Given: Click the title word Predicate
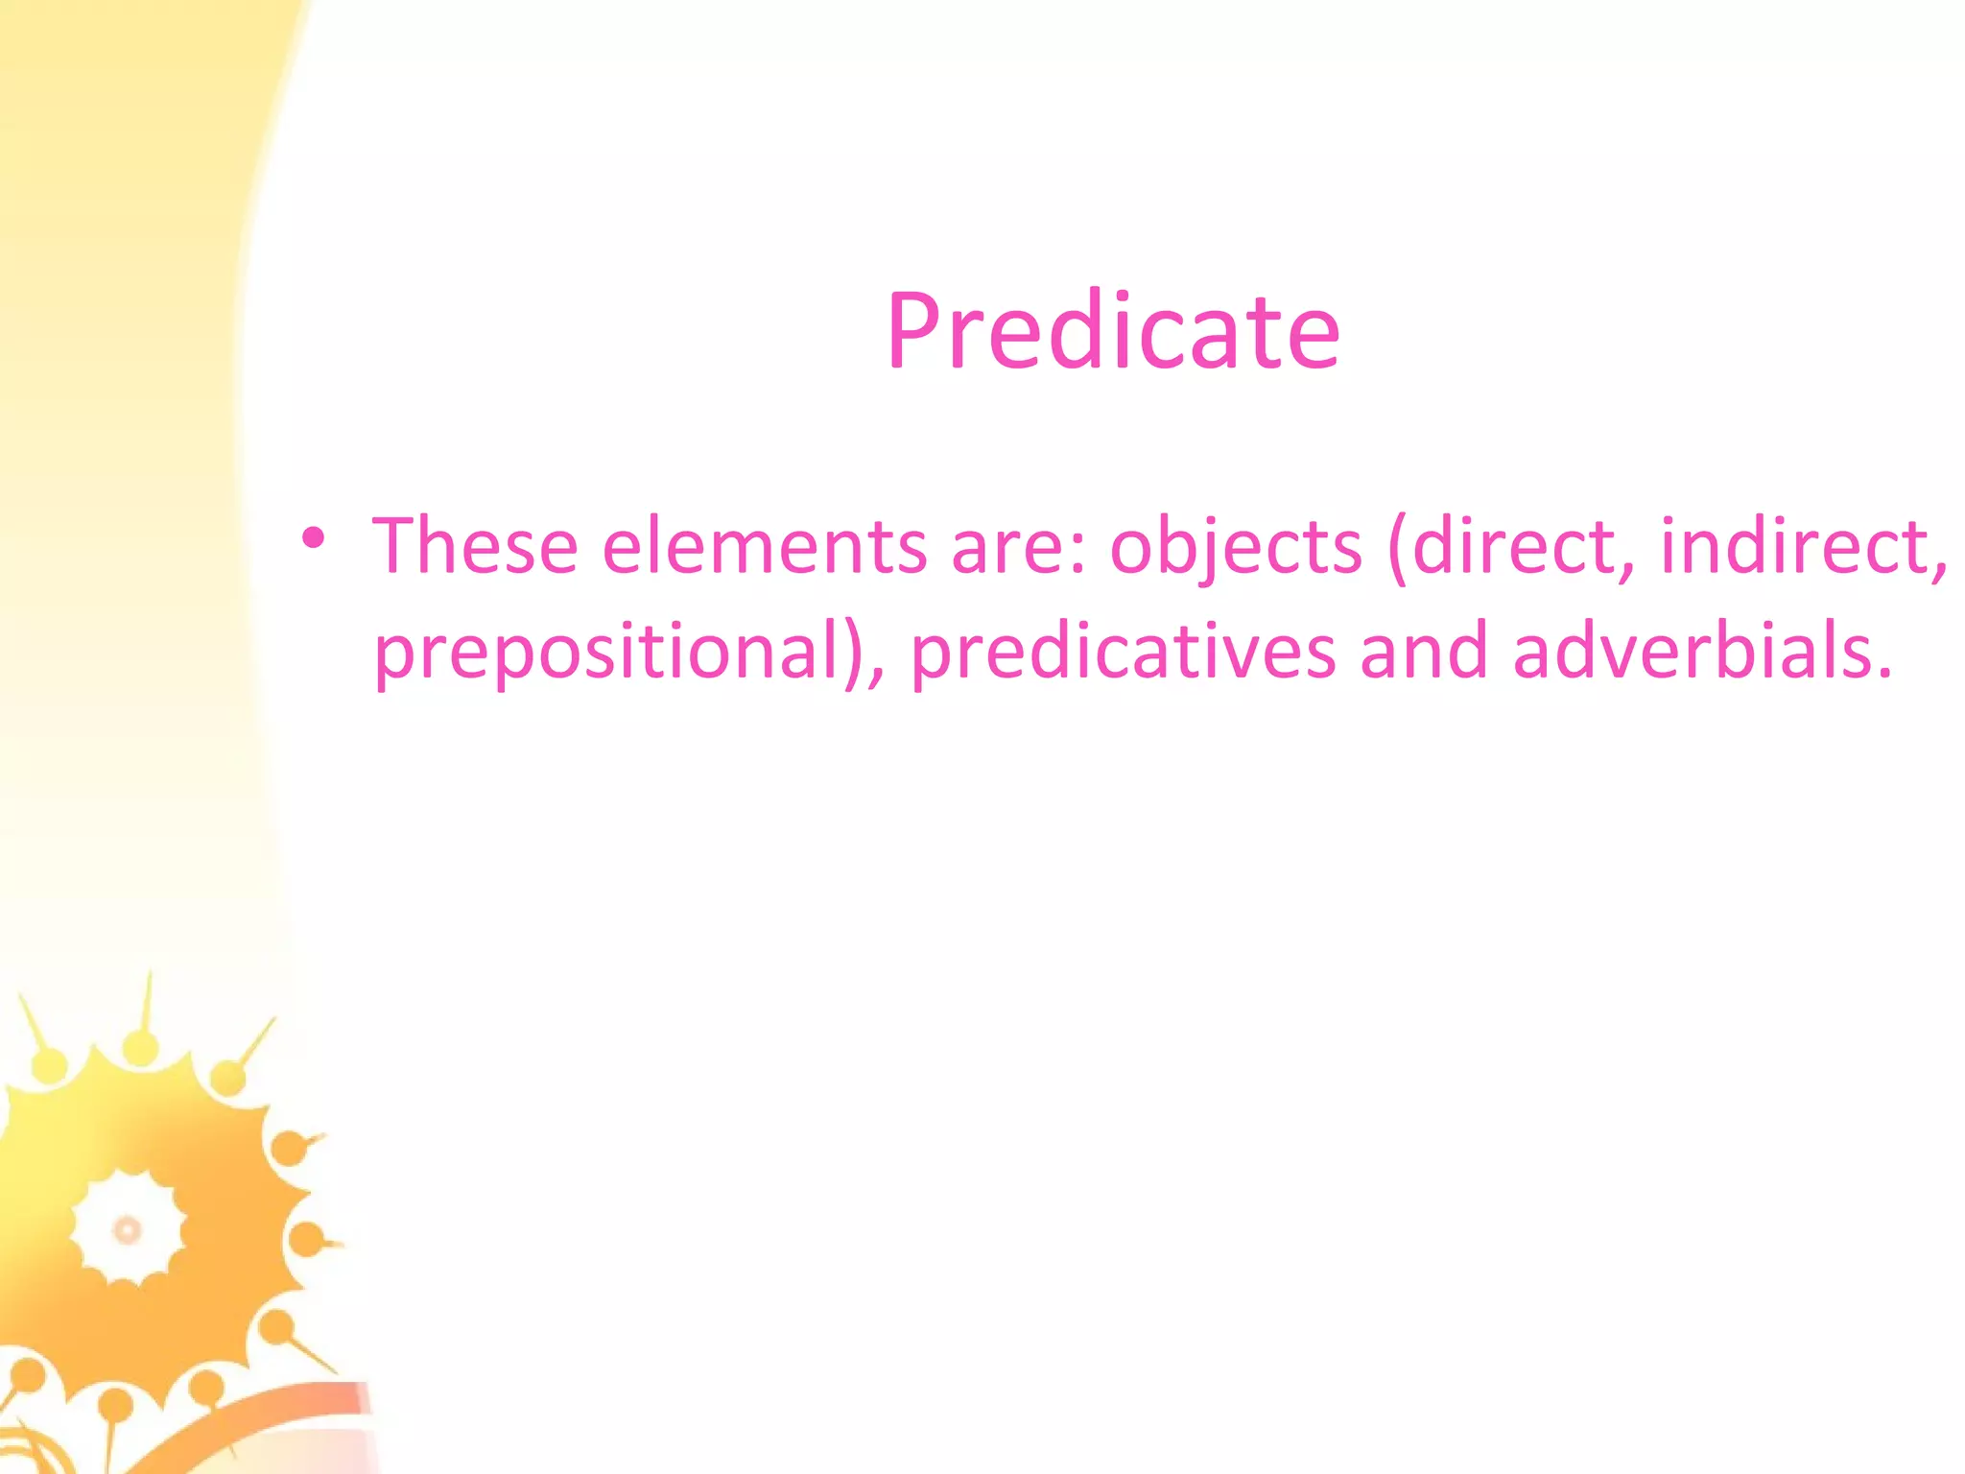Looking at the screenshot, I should [x=1112, y=331].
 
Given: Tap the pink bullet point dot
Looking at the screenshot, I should [x=313, y=539].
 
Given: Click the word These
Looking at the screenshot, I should [x=475, y=546].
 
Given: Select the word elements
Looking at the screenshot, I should [x=764, y=546].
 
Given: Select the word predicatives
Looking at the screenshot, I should [x=1123, y=653].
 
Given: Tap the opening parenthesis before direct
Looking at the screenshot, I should [x=1398, y=549].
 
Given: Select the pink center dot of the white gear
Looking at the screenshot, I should [x=128, y=1229].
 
